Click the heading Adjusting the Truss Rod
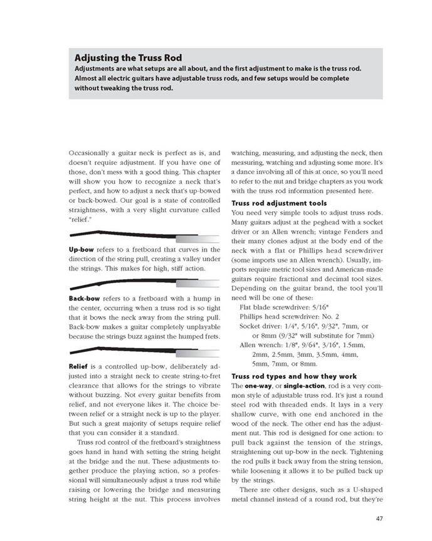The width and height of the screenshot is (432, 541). click(128, 58)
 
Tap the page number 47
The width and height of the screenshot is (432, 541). click(381, 518)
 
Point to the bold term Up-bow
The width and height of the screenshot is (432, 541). click(82, 249)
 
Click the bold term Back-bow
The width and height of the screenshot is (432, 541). click(86, 298)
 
